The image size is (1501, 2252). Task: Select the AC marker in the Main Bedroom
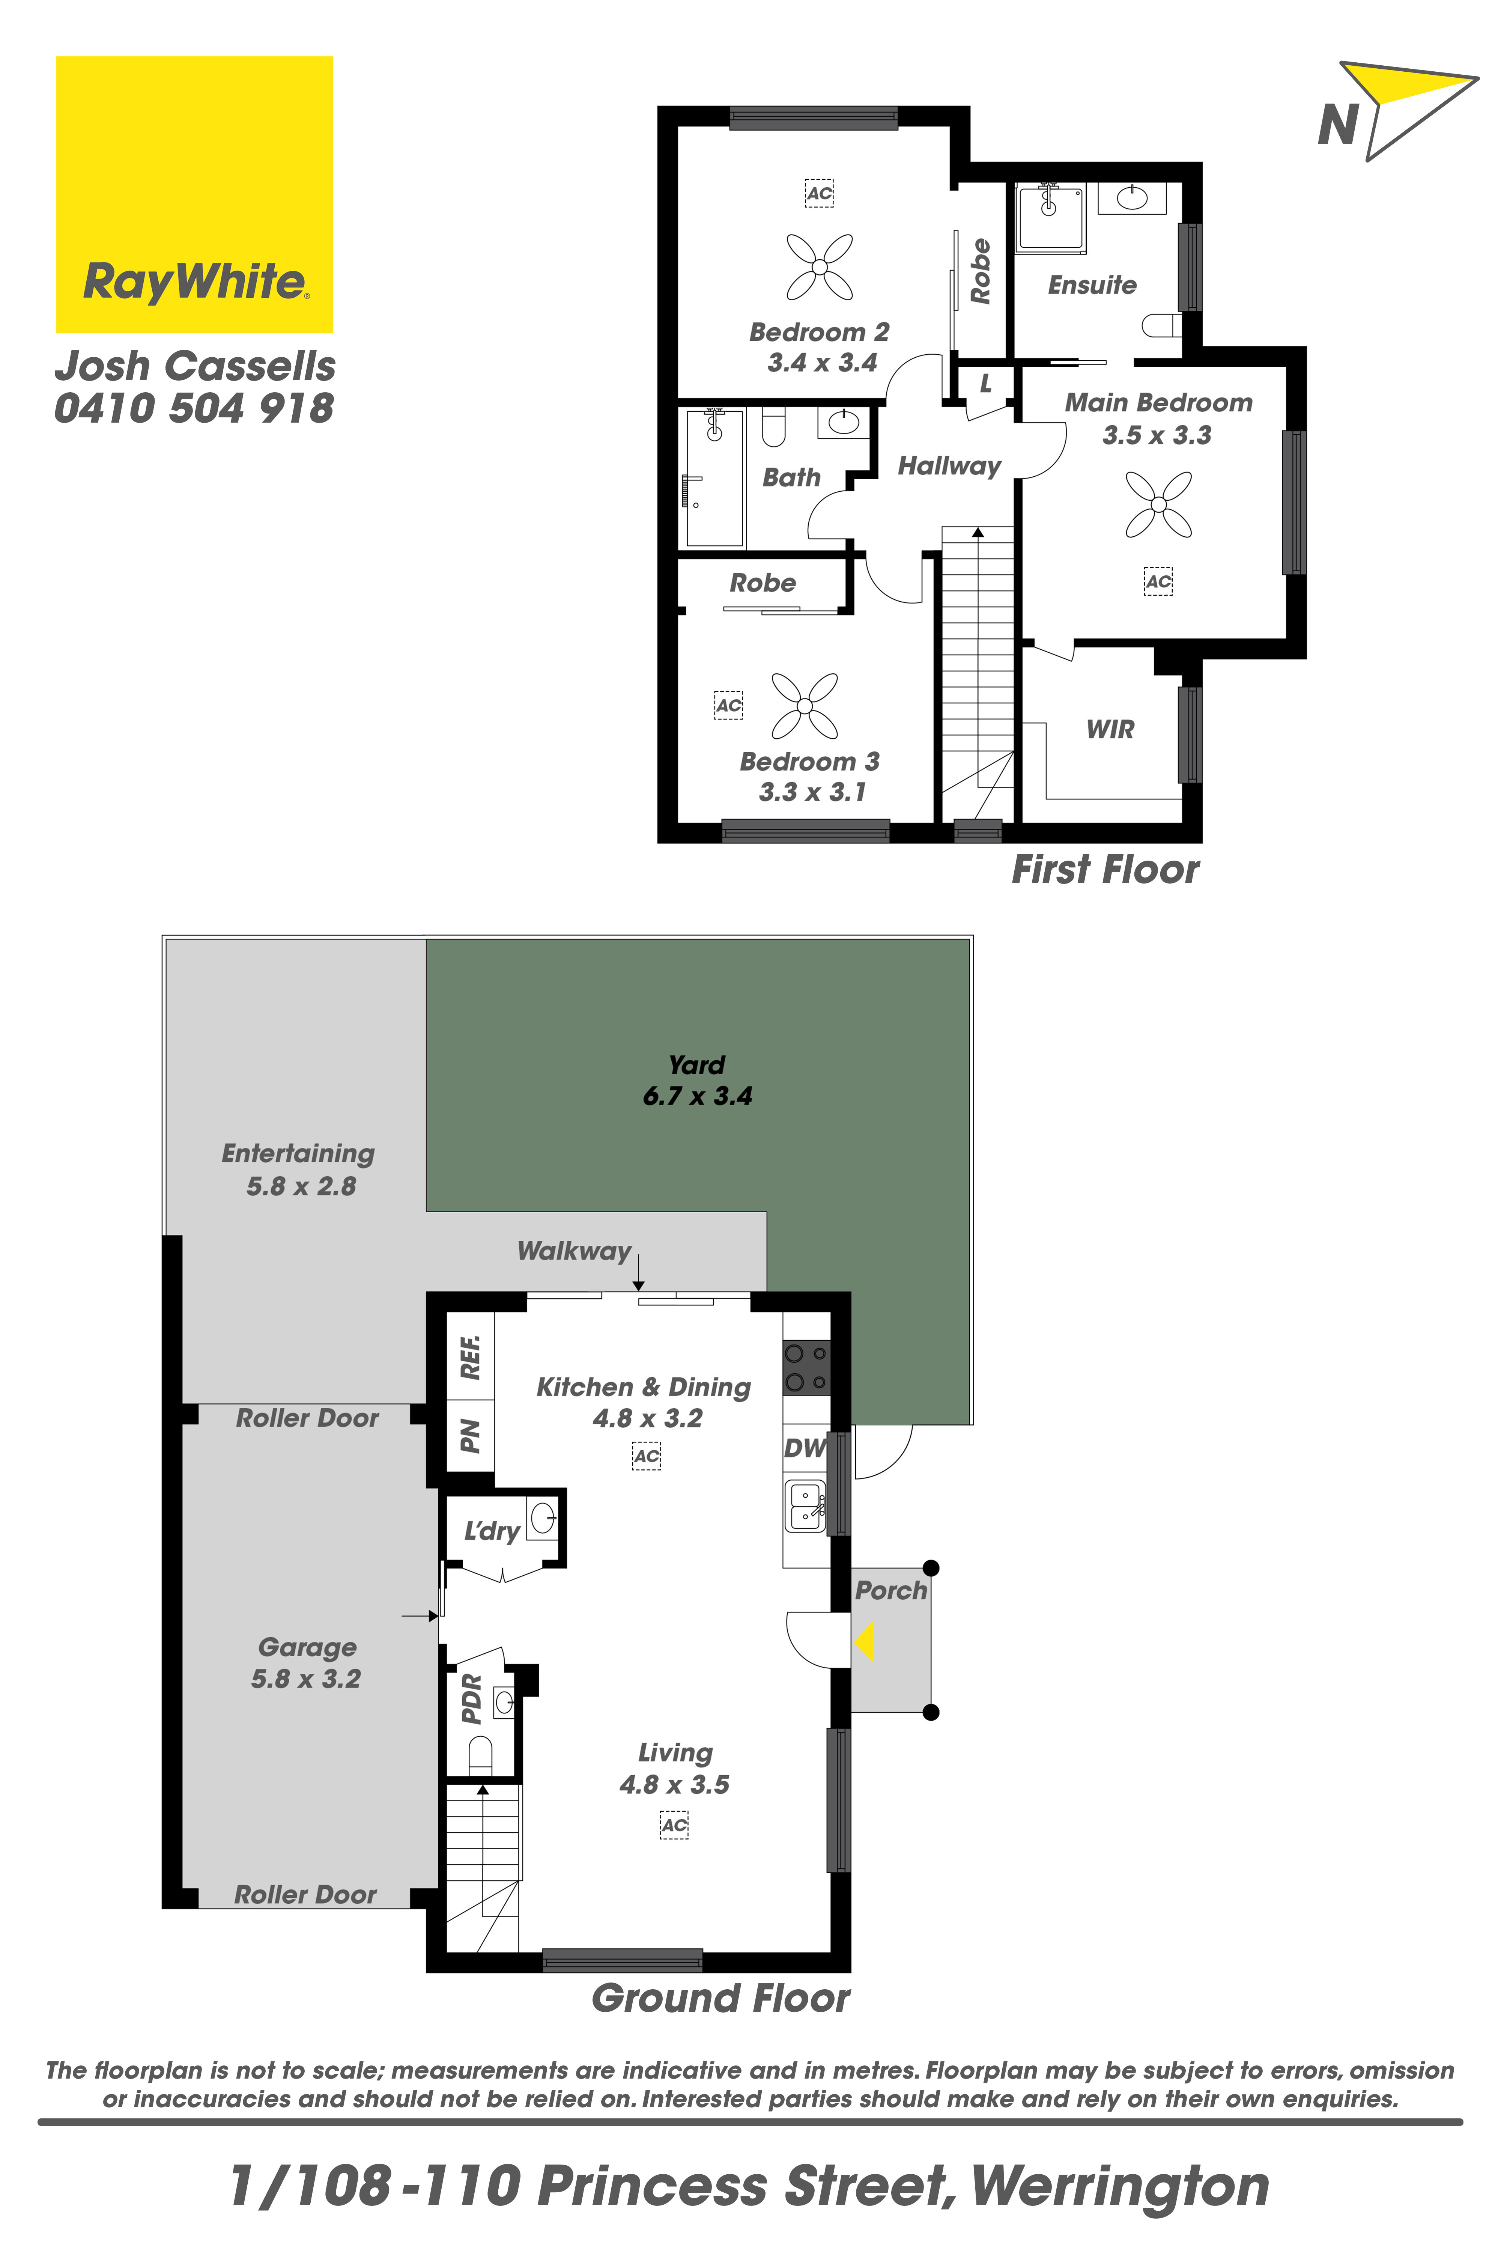coord(1158,581)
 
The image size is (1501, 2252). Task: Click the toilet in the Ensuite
coord(1162,327)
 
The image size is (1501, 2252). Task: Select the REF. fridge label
coord(470,1357)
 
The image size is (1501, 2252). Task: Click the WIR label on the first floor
coord(1110,730)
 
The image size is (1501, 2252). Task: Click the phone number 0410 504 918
coord(194,409)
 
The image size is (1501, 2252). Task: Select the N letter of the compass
coord(1338,125)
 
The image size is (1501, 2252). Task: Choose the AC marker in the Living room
coord(674,1825)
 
